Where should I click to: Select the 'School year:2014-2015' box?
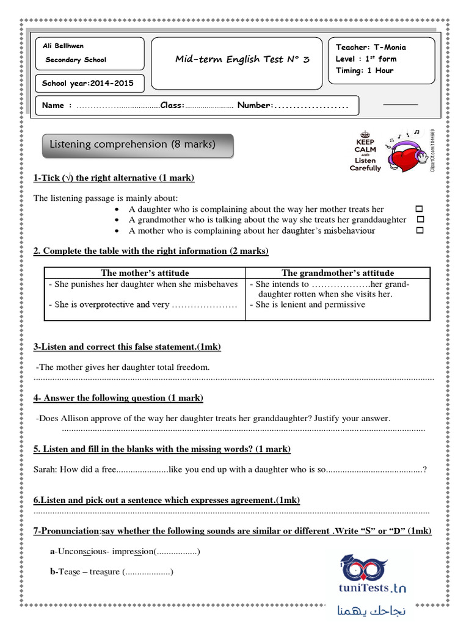pyautogui.click(x=88, y=84)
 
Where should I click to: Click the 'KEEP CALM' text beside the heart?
pyautogui.click(x=365, y=145)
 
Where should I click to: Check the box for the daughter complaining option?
pyautogui.click(x=420, y=209)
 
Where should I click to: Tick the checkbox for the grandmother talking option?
pyautogui.click(x=420, y=220)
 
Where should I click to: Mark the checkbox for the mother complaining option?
pyautogui.click(x=420, y=231)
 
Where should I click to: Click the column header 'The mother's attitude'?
pyautogui.click(x=145, y=273)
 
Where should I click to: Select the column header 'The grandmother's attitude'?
pyautogui.click(x=338, y=273)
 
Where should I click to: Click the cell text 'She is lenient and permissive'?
pyautogui.click(x=310, y=305)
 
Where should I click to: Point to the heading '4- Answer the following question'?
pyautogui.click(x=118, y=398)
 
